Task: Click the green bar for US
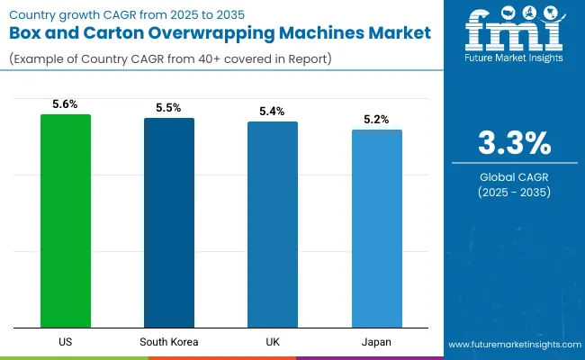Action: pyautogui.click(x=66, y=220)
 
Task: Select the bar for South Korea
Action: pyautogui.click(x=169, y=222)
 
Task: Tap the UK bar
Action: pyautogui.click(x=273, y=224)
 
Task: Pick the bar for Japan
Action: pyautogui.click(x=376, y=229)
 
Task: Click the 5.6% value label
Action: pyautogui.click(x=66, y=104)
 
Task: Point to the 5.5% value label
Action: pyautogui.click(x=169, y=108)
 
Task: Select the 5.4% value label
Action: pyautogui.click(x=273, y=112)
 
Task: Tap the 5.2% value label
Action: pyautogui.click(x=376, y=120)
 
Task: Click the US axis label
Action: pyautogui.click(x=66, y=342)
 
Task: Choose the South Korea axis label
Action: pyautogui.click(x=169, y=342)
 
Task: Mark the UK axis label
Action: pyautogui.click(x=273, y=342)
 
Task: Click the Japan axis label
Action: pyautogui.click(x=376, y=342)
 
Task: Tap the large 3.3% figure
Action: pyautogui.click(x=513, y=144)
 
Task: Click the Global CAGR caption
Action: pyautogui.click(x=513, y=176)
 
